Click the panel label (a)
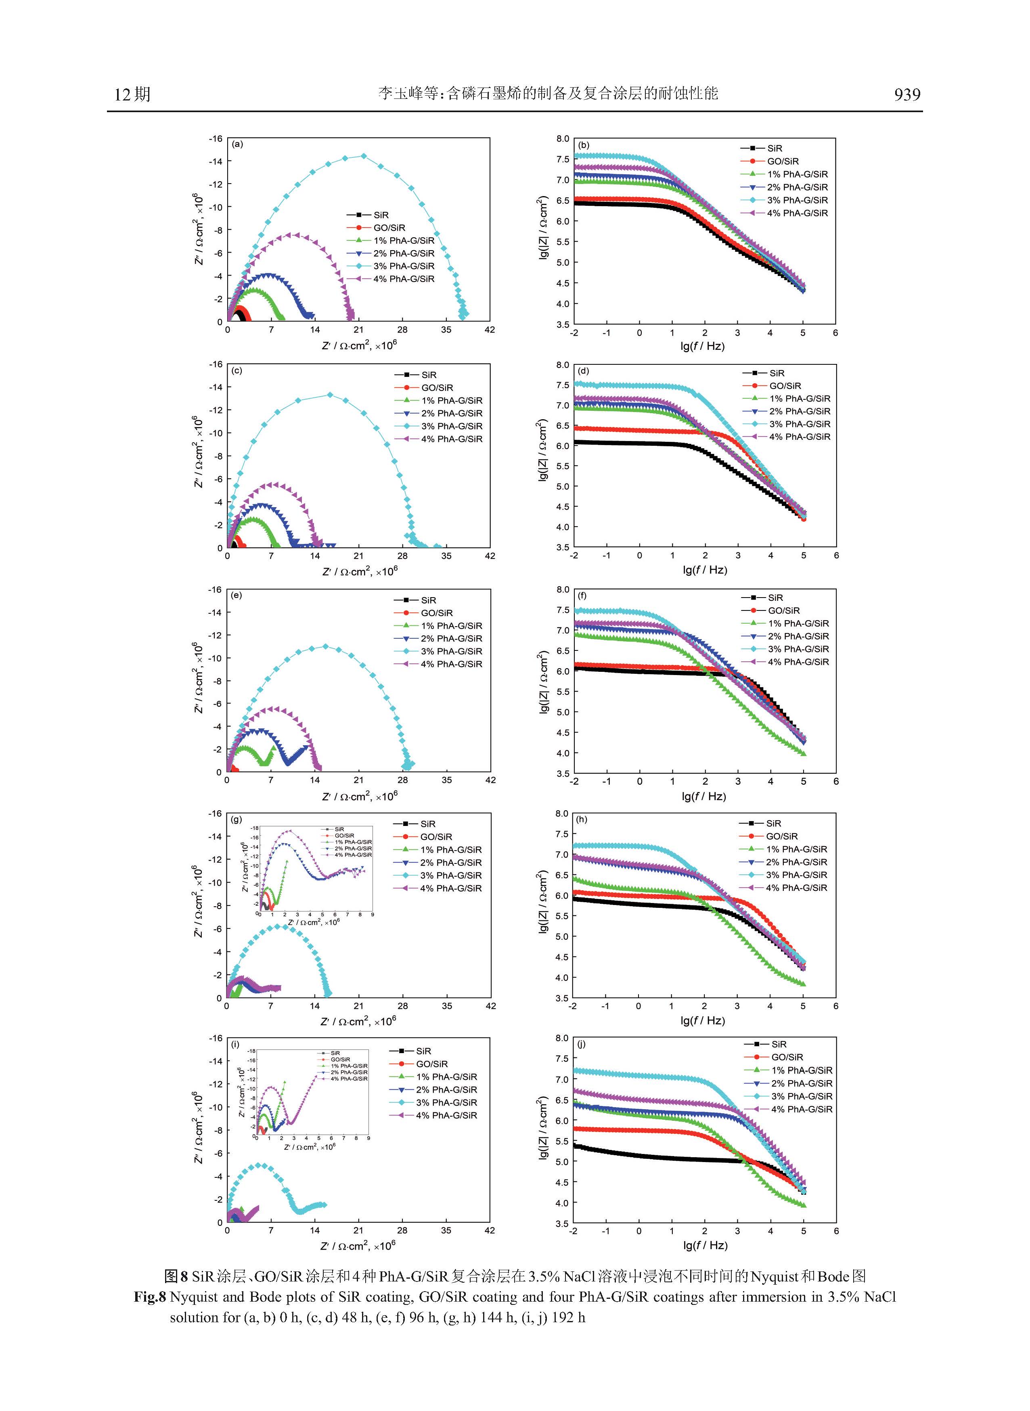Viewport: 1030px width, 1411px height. tap(237, 144)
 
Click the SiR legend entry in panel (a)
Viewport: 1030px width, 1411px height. tap(380, 215)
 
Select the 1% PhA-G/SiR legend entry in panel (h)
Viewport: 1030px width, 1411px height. tap(796, 849)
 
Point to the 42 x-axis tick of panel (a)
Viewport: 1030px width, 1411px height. tap(490, 330)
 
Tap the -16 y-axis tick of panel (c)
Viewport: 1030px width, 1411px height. tap(216, 365)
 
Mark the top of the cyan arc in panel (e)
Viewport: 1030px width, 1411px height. tap(325, 646)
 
